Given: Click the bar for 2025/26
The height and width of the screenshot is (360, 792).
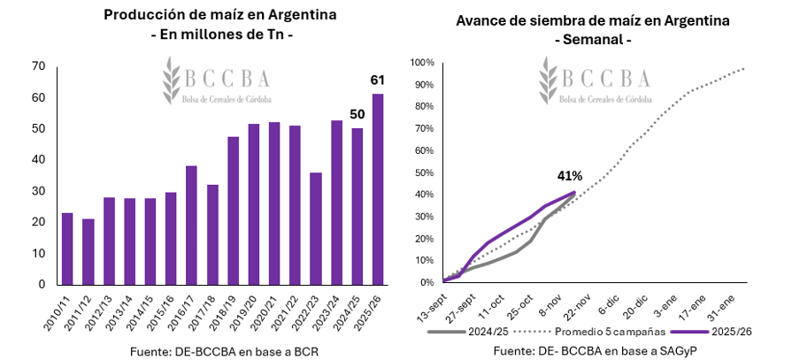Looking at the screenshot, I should pos(378,189).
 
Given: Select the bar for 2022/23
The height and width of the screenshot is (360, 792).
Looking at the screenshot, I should pos(316,228).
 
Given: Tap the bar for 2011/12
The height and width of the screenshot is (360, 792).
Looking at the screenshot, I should pos(88,251).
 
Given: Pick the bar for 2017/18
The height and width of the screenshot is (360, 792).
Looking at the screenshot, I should pos(212,234).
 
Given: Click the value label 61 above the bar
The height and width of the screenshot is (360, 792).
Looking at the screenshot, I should pos(378,81).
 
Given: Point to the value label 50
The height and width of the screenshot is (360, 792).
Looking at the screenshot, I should pos(357,114).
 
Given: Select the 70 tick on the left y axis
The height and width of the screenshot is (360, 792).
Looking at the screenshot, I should pos(38,66).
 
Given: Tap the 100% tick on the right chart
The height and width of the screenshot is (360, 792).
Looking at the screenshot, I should pos(421,63).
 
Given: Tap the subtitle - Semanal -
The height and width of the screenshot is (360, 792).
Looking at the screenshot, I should pos(592,39).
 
